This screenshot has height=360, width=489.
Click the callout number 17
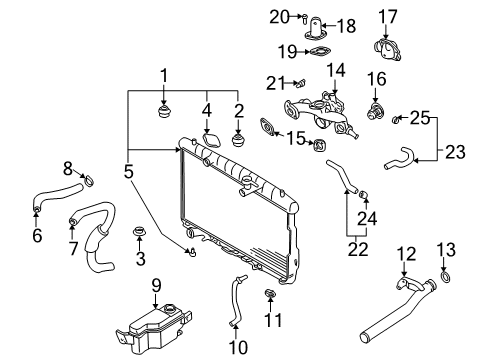(x=388, y=17)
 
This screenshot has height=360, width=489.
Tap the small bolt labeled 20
(x=305, y=18)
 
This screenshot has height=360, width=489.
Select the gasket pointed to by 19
(x=320, y=52)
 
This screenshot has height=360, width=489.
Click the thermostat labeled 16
(x=375, y=111)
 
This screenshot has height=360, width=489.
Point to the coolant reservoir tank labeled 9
(x=153, y=330)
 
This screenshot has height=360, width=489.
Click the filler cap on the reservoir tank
(x=169, y=308)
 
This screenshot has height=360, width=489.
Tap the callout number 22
(x=358, y=249)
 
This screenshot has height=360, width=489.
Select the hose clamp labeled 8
(x=89, y=180)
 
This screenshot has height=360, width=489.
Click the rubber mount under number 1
(x=164, y=112)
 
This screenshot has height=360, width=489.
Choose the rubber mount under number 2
(x=238, y=140)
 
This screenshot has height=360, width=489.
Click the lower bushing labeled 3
(x=139, y=231)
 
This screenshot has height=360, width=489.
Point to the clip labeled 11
(x=270, y=293)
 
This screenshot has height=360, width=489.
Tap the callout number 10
(x=238, y=347)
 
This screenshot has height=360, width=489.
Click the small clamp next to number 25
(x=395, y=119)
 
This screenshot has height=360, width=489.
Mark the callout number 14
(x=336, y=71)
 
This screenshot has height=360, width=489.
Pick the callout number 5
(x=128, y=171)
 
